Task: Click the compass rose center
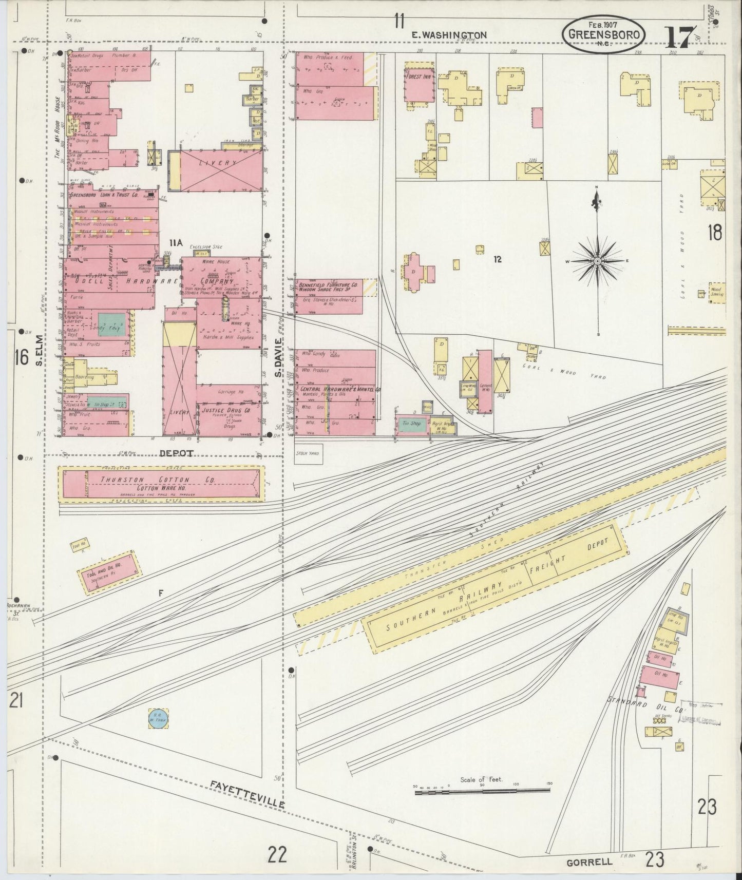tap(597, 261)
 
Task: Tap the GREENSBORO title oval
tap(603, 34)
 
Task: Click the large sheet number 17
tap(681, 37)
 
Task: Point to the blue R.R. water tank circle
tap(155, 717)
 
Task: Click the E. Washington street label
tap(449, 35)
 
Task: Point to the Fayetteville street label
tap(246, 794)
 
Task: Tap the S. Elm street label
tap(39, 350)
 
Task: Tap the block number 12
tap(497, 259)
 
